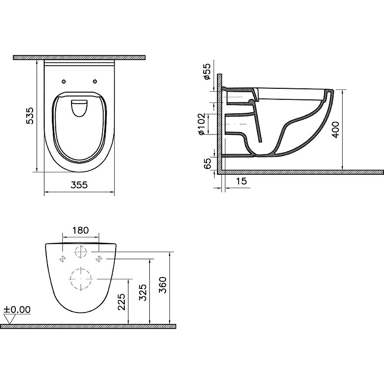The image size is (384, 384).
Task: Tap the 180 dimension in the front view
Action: [81, 230]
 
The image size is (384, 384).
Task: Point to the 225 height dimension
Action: [122, 302]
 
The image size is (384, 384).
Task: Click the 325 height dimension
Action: [143, 291]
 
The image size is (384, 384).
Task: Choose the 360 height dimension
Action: [164, 287]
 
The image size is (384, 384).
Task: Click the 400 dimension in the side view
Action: [336, 129]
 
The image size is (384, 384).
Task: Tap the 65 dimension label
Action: [207, 163]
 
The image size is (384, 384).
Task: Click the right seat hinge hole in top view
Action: [95, 81]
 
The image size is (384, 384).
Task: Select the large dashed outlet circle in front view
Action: [81, 278]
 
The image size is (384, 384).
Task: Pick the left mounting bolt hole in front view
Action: [62, 259]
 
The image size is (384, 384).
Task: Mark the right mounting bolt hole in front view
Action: [99, 259]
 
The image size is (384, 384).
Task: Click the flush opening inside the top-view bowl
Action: [79, 108]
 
